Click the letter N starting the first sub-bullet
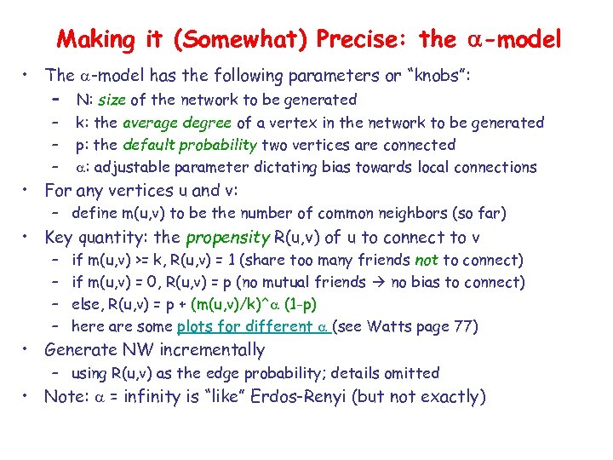pos(81,101)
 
